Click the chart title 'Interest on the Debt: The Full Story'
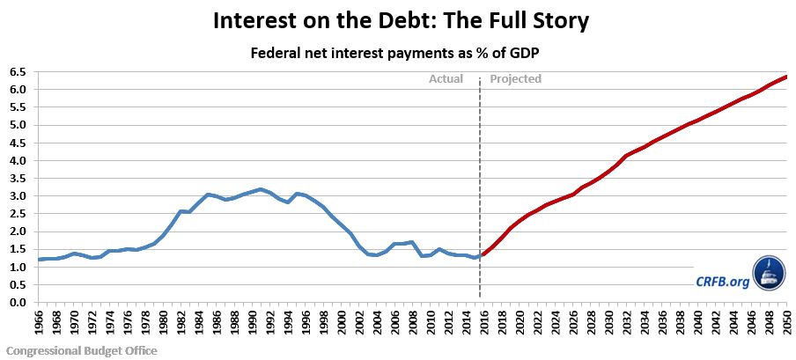click(398, 20)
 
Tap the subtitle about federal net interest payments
click(398, 53)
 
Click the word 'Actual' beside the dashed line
click(446, 79)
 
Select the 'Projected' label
click(515, 79)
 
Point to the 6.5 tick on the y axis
click(18, 72)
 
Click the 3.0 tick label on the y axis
click(18, 196)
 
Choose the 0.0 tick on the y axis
click(18, 303)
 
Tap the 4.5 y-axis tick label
click(18, 143)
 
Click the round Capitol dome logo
click(767, 275)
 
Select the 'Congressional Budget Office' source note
click(79, 350)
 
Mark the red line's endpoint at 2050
click(786, 77)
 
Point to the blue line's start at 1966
click(39, 260)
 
